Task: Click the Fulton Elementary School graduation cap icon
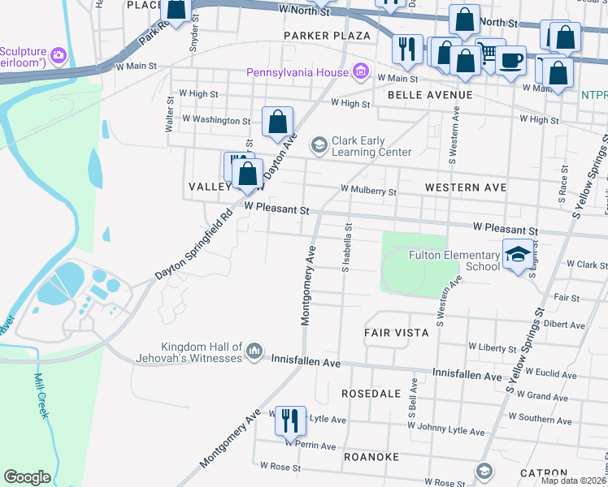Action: coord(519,255)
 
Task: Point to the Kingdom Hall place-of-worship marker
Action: coord(254,351)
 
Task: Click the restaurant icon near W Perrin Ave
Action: coord(290,420)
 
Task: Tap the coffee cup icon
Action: coord(510,61)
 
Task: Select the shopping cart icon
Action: coord(489,53)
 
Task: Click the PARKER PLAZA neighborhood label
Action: coord(327,36)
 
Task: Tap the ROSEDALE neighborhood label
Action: coord(371,394)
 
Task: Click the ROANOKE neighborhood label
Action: coord(371,457)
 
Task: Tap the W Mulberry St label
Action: coord(368,192)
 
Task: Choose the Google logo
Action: coord(27,476)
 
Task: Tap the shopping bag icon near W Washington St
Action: coord(277,122)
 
